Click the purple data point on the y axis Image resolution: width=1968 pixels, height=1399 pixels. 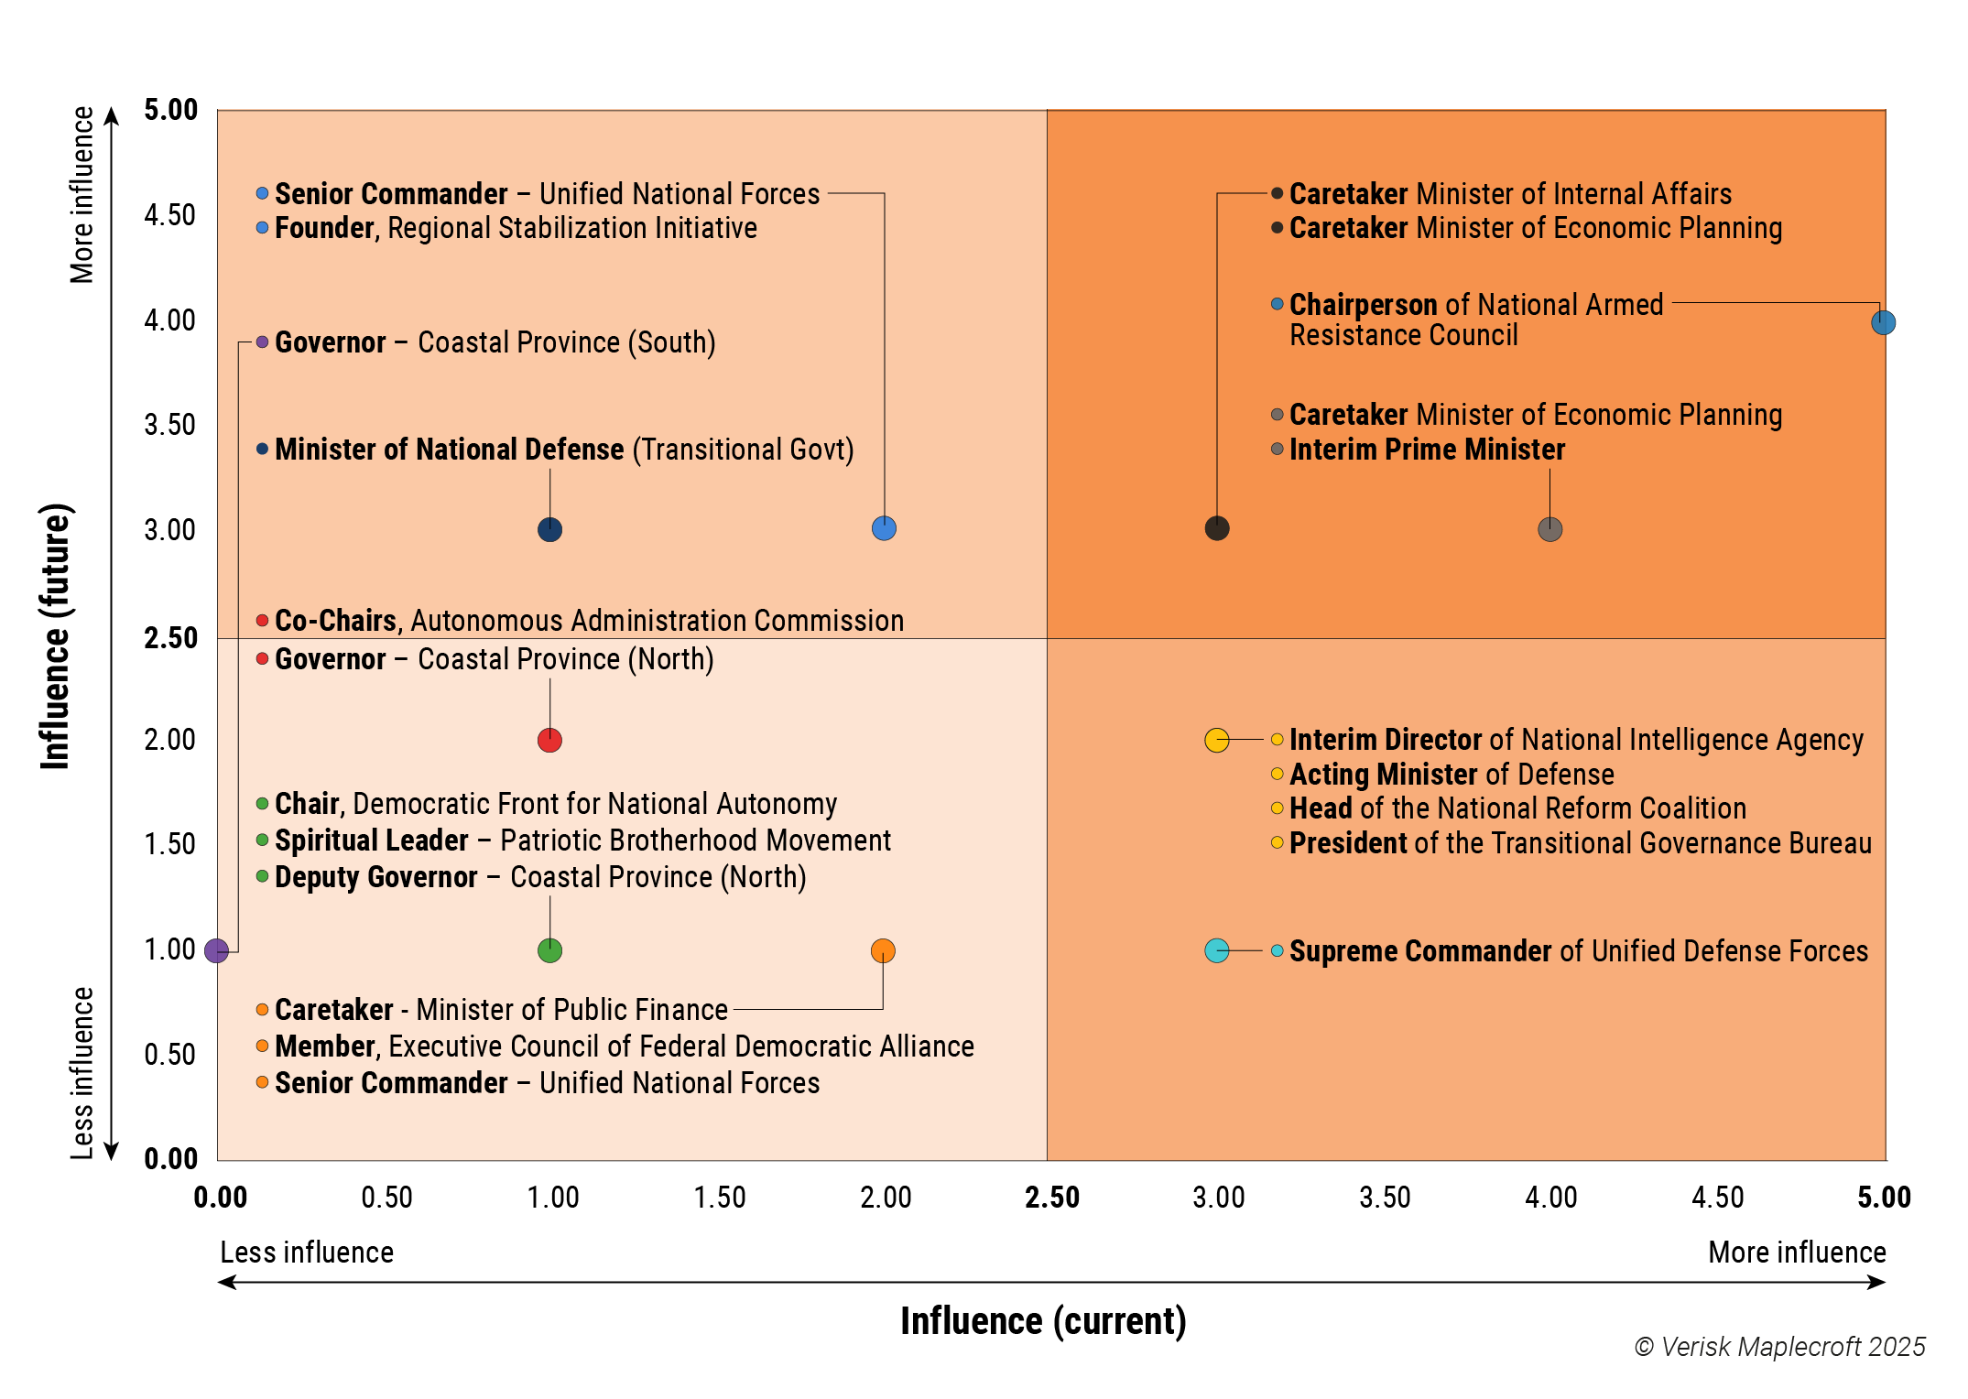pos(216,951)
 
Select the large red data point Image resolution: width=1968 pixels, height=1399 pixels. pos(549,740)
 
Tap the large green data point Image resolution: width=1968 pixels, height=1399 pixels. pos(549,951)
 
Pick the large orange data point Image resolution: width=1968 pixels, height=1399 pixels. pos(883,951)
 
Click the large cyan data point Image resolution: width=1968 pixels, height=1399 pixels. pos(1216,951)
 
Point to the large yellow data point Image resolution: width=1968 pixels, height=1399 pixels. pos(1216,740)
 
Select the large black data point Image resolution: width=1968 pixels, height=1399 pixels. pos(1216,528)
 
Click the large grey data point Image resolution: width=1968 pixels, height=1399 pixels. pos(1549,529)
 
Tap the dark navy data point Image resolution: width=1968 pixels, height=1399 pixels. pos(549,529)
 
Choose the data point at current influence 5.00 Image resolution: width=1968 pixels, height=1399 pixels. pos(1883,322)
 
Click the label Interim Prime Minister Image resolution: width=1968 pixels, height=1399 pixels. pos(1427,450)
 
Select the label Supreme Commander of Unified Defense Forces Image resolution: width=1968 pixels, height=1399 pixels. pos(1578,951)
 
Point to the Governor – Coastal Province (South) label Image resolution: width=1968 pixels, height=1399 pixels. pos(495,342)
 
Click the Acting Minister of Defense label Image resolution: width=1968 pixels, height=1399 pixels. pos(1452,775)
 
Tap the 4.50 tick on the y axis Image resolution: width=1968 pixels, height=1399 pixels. pos(169,215)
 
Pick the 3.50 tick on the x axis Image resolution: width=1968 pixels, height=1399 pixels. pos(1385,1198)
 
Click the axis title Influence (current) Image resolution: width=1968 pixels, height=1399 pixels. pos(1043,1321)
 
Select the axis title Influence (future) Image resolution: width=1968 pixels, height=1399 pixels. pos(55,636)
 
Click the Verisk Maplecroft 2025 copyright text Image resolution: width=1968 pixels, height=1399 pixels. pos(1779,1347)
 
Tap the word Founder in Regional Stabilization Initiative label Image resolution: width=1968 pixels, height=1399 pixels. pos(325,228)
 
